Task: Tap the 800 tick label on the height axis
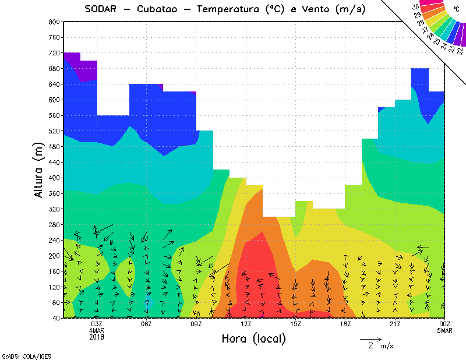(54, 22)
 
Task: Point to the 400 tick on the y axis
(54, 178)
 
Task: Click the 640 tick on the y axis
(54, 84)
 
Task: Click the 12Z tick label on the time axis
(246, 324)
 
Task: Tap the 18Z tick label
(346, 324)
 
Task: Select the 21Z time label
(396, 324)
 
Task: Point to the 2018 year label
(97, 337)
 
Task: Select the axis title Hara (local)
(253, 338)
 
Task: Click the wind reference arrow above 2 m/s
(370, 338)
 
